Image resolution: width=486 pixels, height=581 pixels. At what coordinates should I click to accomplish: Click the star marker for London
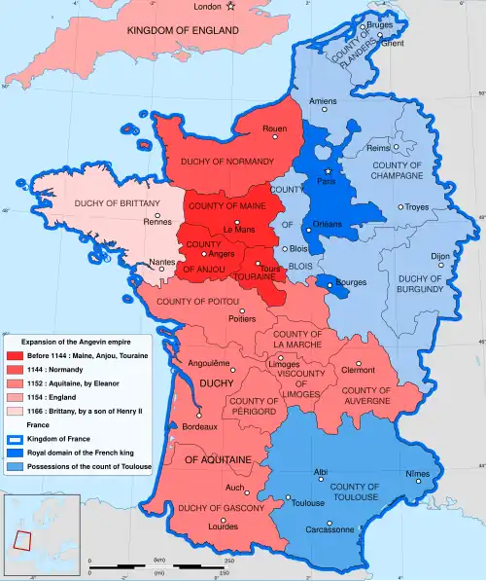[x=230, y=8]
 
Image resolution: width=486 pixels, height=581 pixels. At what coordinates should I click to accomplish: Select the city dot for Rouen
[x=275, y=137]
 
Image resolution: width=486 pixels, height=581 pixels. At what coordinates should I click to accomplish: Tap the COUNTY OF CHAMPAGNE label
[x=397, y=170]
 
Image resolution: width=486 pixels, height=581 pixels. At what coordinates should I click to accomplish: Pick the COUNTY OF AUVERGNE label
[x=366, y=396]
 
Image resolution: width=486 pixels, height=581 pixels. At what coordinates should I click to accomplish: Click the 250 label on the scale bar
[x=229, y=562]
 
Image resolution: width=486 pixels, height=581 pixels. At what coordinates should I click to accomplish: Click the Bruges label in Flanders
[x=379, y=23]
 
